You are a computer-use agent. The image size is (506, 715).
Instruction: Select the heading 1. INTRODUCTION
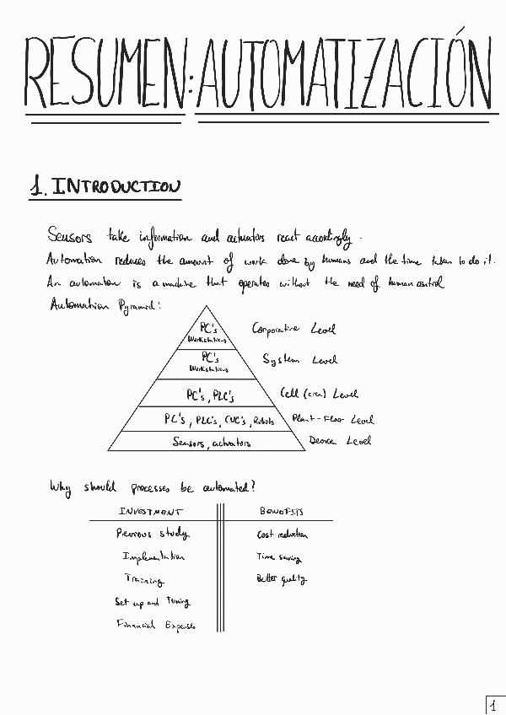pos(104,187)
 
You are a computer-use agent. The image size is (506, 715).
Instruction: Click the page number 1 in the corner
pos(493,704)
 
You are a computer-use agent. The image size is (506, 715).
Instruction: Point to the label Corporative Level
pos(293,329)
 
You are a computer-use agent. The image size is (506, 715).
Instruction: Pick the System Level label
pos(299,360)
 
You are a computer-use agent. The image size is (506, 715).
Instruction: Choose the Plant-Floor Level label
pos(332,419)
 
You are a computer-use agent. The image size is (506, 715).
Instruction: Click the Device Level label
pos(339,440)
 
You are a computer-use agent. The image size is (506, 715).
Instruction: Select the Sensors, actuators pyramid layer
pos(212,442)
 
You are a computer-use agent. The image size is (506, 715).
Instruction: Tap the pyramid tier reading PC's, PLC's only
pos(210,394)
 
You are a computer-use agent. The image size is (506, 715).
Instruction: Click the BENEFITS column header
pos(281,512)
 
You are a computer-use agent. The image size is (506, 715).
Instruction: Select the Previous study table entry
pos(153,533)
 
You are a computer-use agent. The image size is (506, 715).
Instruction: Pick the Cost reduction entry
pos(283,535)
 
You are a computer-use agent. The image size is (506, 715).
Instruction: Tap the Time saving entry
pos(279,556)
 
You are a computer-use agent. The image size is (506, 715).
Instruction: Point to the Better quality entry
pos(282,579)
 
